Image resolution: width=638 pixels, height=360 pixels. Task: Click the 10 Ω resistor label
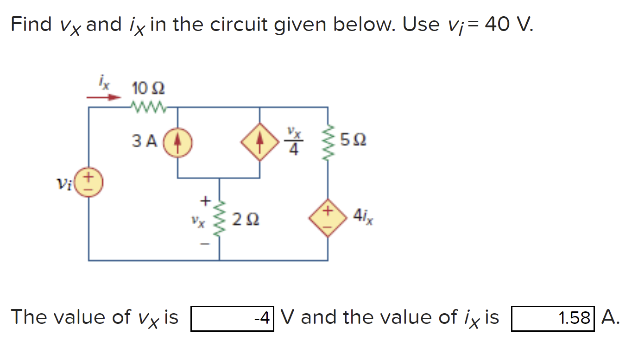[x=148, y=88]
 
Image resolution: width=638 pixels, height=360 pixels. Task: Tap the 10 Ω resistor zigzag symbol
[x=148, y=107]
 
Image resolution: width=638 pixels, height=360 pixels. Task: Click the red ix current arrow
[x=104, y=98]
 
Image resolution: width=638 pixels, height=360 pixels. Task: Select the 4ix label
[x=363, y=216]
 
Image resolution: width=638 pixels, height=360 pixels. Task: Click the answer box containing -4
[x=232, y=318]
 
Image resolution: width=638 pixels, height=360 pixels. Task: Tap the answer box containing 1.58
[x=552, y=318]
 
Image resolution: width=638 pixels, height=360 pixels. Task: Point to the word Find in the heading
[x=31, y=24]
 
